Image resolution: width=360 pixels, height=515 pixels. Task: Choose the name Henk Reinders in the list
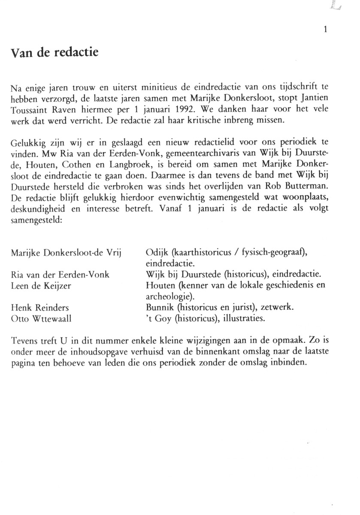click(x=40, y=308)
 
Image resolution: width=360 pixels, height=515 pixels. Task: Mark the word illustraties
click(x=241, y=319)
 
